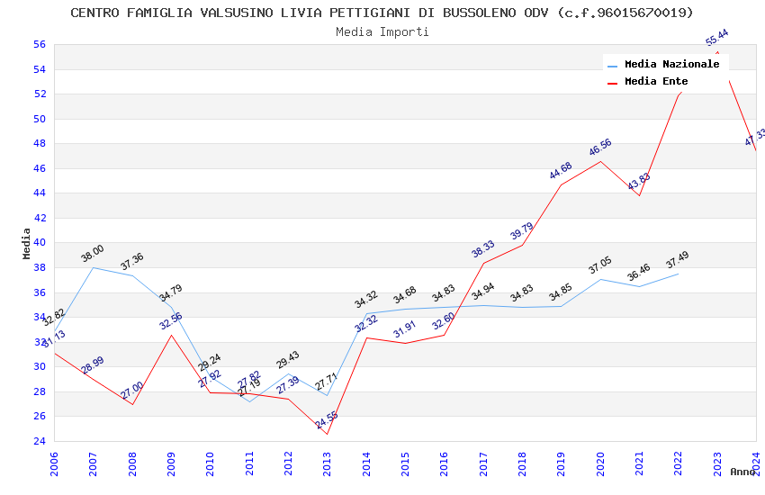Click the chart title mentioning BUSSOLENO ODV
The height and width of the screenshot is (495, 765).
(x=382, y=13)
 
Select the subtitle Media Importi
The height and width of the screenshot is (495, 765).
(x=382, y=31)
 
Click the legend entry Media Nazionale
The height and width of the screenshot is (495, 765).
(x=671, y=65)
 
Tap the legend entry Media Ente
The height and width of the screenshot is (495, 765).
(x=656, y=82)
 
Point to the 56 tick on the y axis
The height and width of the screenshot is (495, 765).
(x=39, y=44)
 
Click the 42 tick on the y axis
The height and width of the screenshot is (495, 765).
(x=39, y=218)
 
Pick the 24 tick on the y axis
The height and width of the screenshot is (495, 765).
(x=39, y=441)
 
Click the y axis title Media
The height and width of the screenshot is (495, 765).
(x=27, y=243)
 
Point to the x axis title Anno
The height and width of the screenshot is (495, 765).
(x=742, y=472)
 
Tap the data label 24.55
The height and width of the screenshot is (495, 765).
(x=327, y=419)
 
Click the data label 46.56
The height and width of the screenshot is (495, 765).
(x=600, y=148)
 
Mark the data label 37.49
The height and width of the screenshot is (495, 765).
(x=677, y=260)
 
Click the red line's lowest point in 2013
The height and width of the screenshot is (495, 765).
(x=327, y=435)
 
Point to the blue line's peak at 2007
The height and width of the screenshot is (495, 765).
(x=93, y=267)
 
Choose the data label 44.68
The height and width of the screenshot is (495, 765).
(x=561, y=171)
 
